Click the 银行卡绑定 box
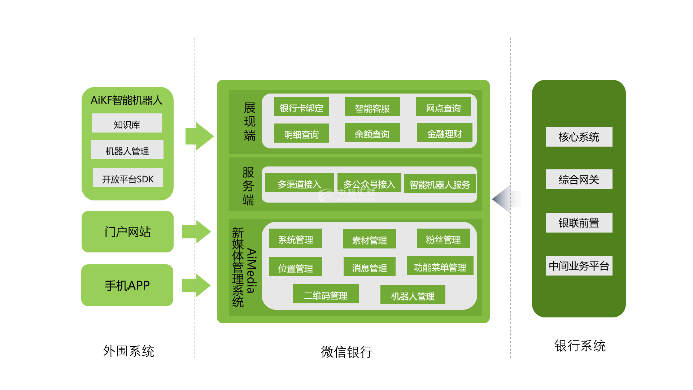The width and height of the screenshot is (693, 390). tap(301, 107)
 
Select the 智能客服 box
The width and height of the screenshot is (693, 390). tap(372, 107)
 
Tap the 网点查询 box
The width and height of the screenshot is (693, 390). tap(443, 107)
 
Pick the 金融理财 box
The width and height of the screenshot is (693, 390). tap(444, 133)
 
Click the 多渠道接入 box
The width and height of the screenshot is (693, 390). tap(299, 183)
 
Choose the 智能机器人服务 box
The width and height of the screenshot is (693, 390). tap(440, 184)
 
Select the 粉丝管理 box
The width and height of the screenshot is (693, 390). tap(443, 239)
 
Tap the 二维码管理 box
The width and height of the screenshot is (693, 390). tap(326, 294)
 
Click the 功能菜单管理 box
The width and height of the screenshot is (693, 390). tap(440, 266)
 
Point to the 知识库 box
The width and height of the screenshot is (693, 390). tap(127, 123)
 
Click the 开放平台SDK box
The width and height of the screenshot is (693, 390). tap(128, 178)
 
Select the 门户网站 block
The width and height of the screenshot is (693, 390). tap(127, 232)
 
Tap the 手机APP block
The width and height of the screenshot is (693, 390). tap(127, 285)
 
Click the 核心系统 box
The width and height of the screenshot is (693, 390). tap(579, 137)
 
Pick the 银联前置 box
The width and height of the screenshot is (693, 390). tap(579, 223)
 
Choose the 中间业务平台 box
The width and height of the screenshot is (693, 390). tap(579, 266)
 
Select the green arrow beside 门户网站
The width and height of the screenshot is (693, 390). tap(197, 231)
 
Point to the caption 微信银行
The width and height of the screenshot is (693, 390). tap(346, 352)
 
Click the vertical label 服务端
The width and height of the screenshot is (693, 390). tap(248, 186)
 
